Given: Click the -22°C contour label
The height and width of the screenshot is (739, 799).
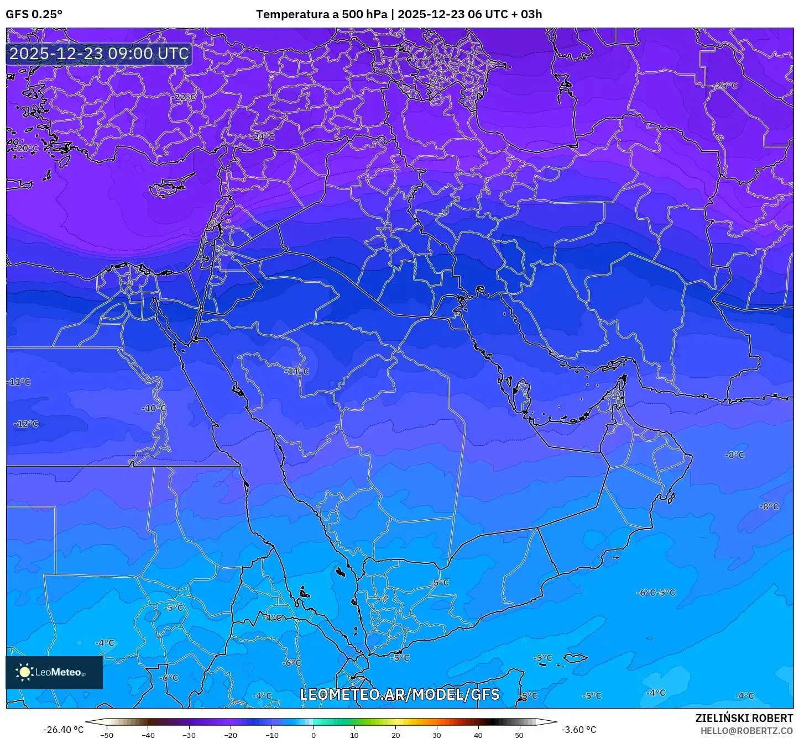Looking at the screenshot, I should coord(185,97).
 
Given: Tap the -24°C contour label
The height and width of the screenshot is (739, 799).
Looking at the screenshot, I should coord(263,136).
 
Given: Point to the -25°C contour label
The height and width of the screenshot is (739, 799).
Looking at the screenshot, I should coord(726,86).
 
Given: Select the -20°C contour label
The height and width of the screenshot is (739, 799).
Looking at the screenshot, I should coord(27,149).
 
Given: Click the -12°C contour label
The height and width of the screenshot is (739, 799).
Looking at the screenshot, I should coord(27,424).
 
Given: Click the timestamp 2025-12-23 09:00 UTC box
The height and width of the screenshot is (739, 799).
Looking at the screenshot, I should coord(99,54).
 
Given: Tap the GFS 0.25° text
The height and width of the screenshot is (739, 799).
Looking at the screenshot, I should coord(34,14).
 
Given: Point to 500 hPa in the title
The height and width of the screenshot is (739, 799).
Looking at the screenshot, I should coord(364,14).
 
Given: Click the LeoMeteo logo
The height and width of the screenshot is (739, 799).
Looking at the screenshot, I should coord(54,672).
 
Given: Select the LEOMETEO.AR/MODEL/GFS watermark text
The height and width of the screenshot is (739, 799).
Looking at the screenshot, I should coord(399,694).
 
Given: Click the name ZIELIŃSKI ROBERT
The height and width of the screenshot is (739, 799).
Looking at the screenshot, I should coord(744,718).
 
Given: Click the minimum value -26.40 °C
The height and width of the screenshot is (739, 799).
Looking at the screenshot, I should coord(63,730).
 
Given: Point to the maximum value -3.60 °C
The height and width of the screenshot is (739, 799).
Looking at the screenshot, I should coord(578,730).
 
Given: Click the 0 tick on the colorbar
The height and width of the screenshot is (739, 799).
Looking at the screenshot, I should coord(313,735).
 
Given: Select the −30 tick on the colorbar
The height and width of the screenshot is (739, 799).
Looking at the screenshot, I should coord(189,735).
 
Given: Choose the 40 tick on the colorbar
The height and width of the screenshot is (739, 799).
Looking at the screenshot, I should coord(478,735).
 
